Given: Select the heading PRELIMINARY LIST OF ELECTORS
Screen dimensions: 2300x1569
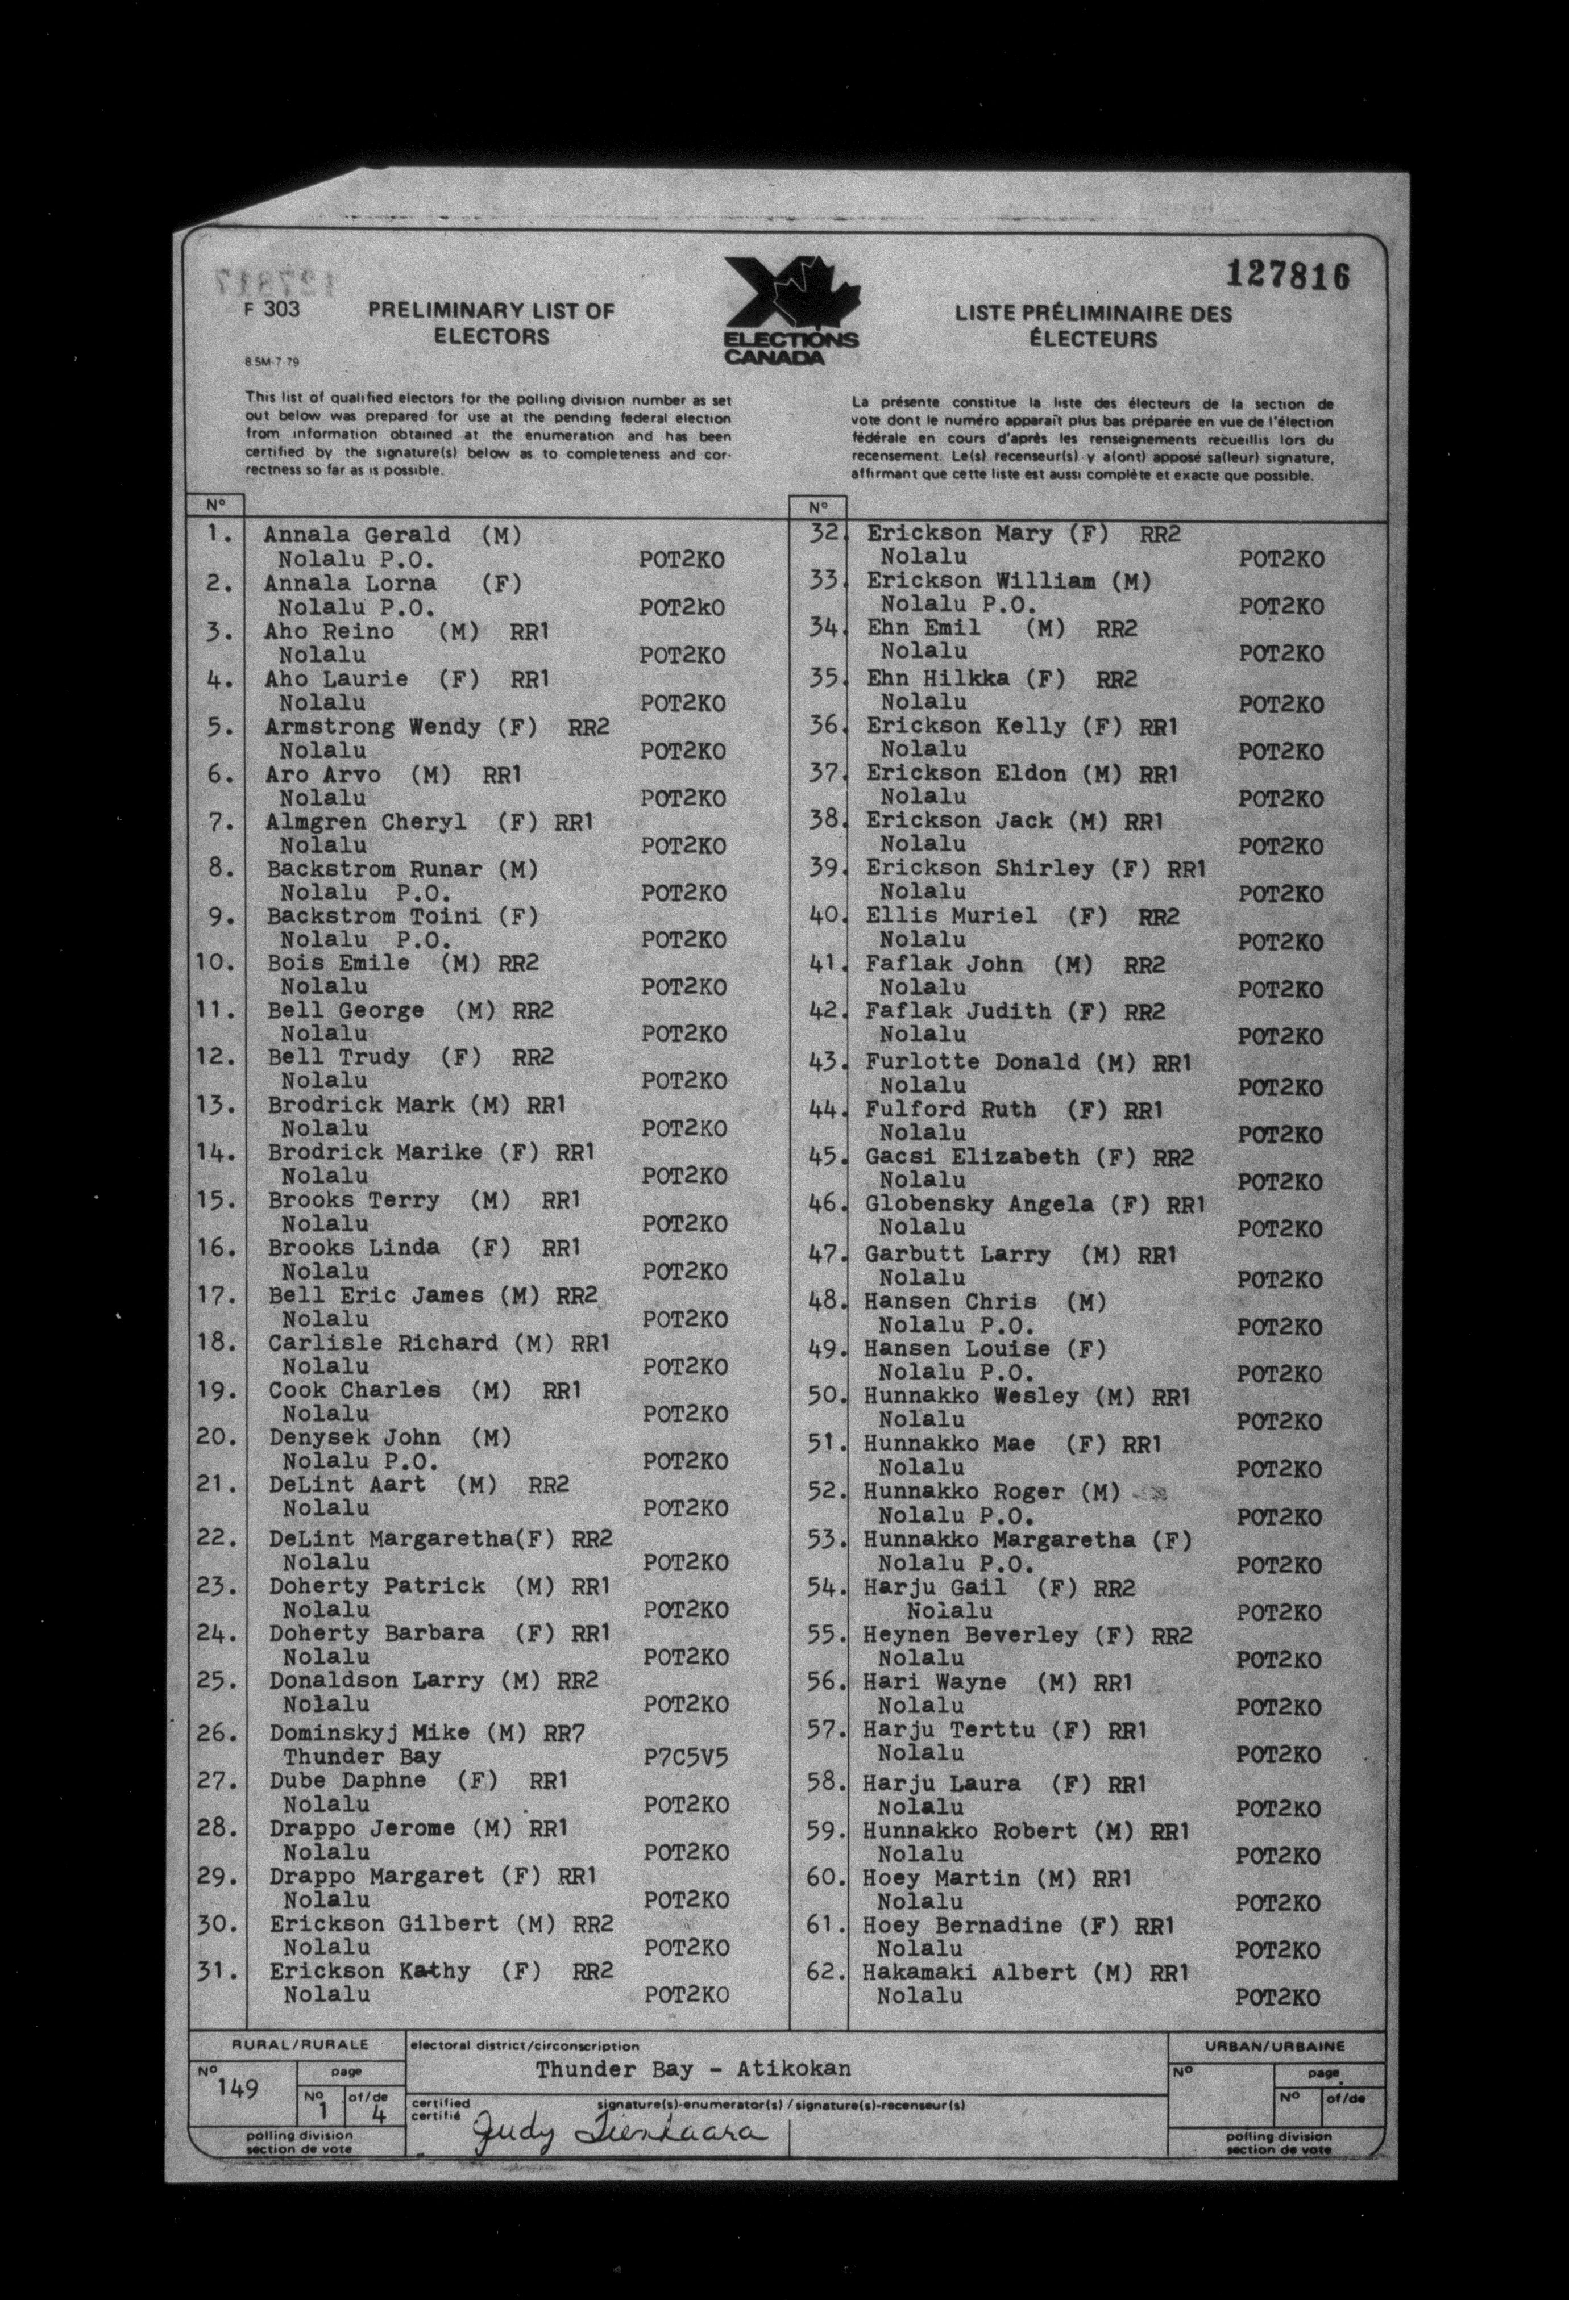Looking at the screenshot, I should [x=491, y=324].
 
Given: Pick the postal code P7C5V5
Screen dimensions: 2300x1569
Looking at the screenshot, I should [x=685, y=1757].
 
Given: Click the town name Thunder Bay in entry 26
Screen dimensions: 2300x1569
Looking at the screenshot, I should [x=362, y=1757].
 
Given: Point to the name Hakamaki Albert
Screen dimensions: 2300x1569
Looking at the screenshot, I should [x=969, y=1972].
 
